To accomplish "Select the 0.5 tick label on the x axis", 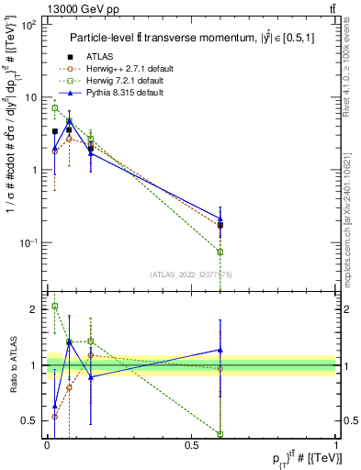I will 191,443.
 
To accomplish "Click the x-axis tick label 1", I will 335,443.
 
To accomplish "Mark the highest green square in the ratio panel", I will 55,307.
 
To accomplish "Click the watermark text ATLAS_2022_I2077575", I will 191,274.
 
